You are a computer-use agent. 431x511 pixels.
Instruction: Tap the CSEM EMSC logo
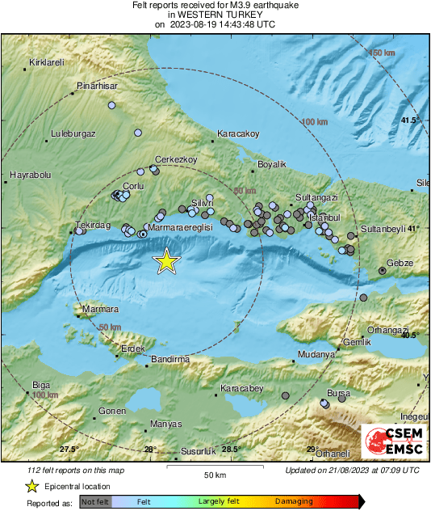point(390,441)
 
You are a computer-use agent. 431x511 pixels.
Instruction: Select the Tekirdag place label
point(92,225)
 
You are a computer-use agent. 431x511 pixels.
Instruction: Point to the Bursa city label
point(337,394)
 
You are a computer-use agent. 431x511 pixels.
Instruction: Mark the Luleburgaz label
point(73,133)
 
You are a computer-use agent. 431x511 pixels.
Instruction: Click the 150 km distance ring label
point(383,53)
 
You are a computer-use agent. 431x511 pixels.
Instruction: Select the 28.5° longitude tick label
point(232,450)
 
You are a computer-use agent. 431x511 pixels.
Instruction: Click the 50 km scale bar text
point(214,475)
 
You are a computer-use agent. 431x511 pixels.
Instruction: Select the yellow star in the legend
point(31,486)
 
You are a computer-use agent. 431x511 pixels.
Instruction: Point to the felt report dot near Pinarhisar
point(113,105)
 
